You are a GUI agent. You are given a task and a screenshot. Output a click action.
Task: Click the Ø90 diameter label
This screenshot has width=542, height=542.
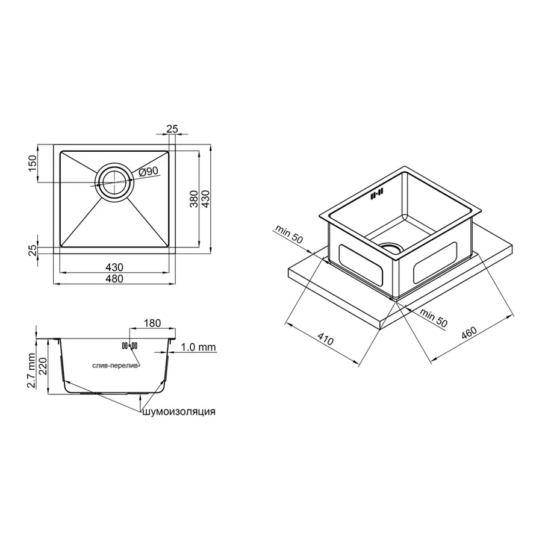tap(148, 172)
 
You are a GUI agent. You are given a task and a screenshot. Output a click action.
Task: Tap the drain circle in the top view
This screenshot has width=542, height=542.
tap(114, 181)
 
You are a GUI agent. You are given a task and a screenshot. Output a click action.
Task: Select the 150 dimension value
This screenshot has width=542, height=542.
tap(33, 163)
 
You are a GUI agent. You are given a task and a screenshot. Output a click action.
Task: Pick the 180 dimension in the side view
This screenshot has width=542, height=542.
tap(152, 323)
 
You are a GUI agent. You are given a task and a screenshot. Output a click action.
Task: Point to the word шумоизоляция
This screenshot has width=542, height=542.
tap(178, 412)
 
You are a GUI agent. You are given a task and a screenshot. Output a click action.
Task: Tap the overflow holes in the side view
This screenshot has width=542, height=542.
tap(129, 346)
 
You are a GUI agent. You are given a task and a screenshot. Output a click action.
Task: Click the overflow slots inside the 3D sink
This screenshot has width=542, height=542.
tap(377, 193)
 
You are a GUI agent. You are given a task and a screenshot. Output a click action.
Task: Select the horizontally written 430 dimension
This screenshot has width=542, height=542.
tap(114, 267)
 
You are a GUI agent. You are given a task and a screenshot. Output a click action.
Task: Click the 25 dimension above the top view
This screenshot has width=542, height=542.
tap(172, 129)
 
